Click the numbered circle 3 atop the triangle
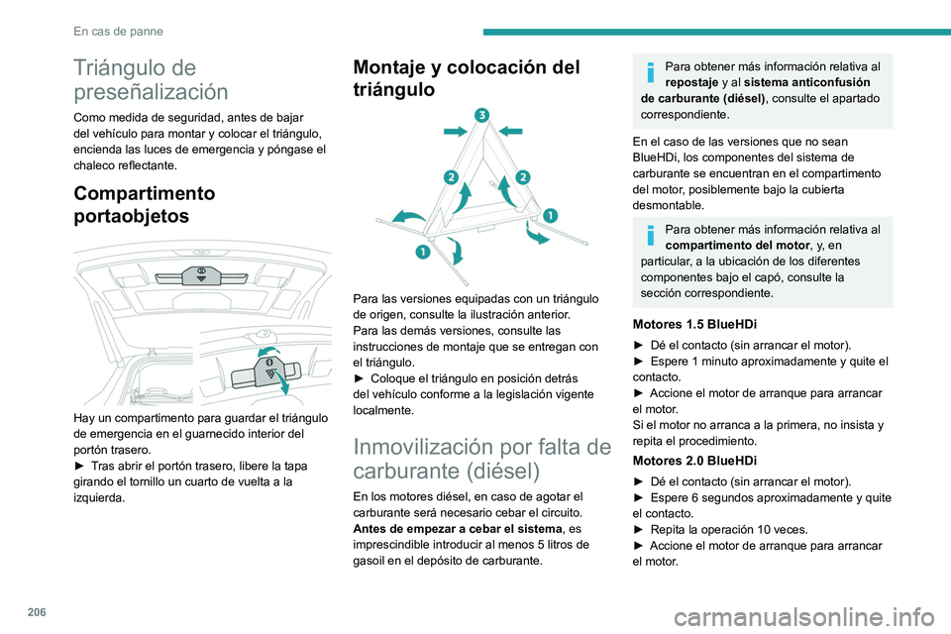(480, 114)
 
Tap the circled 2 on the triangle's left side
(450, 177)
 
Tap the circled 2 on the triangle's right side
(522, 176)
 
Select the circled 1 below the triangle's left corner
(422, 253)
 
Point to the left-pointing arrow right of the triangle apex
(510, 128)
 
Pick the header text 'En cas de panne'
(118, 31)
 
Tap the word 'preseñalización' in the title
(152, 92)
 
